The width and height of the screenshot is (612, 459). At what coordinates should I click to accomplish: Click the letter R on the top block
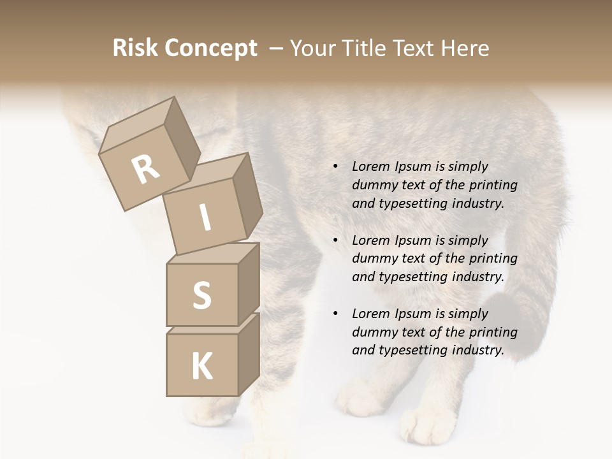(x=145, y=170)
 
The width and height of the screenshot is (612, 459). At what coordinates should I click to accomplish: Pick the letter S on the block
(x=201, y=296)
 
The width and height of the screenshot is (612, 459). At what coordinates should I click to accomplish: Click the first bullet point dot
(x=335, y=166)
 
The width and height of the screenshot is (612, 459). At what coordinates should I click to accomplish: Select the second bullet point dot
(x=335, y=240)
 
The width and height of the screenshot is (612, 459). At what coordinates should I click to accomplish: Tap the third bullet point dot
(x=335, y=314)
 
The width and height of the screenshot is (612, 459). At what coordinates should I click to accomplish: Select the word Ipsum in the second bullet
(x=412, y=240)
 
